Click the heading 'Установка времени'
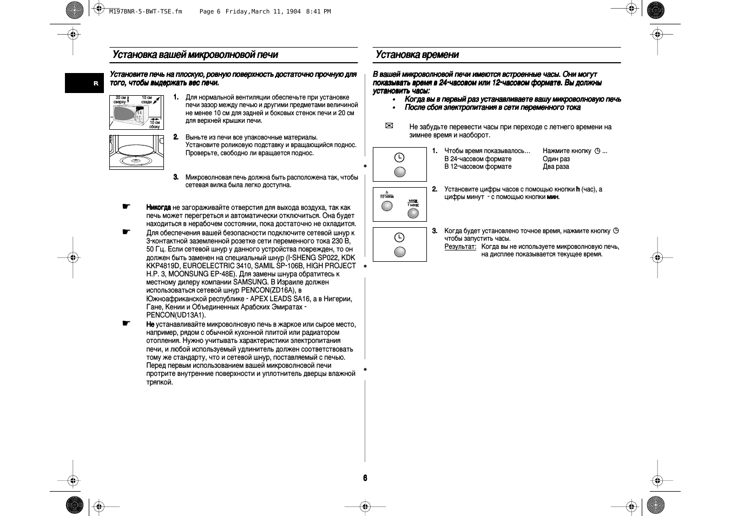click(417, 55)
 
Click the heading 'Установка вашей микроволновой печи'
click(195, 55)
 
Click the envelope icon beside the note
click(388, 126)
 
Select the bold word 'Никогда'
click(159, 207)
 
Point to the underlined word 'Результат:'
click(460, 247)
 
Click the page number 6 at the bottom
click(365, 478)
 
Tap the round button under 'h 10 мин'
click(387, 206)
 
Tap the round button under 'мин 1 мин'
click(413, 213)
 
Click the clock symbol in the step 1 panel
click(399, 157)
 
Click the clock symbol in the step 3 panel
click(399, 237)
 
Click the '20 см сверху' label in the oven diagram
click(121, 100)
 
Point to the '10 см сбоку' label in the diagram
click(155, 124)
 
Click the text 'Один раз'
click(556, 159)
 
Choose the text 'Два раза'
click(556, 167)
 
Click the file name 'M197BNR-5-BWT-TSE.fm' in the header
click(146, 11)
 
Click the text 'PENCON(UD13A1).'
click(176, 315)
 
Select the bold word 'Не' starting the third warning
click(150, 325)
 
